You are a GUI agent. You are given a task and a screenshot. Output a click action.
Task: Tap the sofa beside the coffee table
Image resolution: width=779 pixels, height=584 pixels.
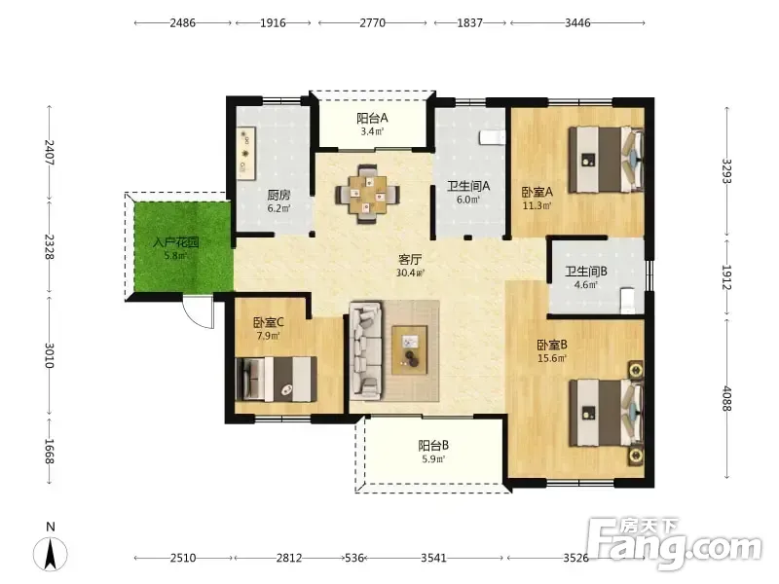pos(366,350)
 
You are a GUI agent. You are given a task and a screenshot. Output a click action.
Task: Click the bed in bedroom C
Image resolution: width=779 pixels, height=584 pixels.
pos(277,379)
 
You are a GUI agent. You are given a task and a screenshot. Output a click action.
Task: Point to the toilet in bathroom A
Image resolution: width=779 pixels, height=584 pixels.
pos(493,137)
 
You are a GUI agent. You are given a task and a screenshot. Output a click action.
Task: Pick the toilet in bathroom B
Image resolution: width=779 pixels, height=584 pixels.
pos(628,300)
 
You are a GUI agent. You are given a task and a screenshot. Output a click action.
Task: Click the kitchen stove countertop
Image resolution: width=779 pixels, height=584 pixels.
pos(246,153)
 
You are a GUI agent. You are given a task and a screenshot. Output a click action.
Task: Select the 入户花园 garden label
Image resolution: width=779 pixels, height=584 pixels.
pos(176,242)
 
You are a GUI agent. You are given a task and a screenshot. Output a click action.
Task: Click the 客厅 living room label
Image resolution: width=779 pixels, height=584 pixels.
pos(410,259)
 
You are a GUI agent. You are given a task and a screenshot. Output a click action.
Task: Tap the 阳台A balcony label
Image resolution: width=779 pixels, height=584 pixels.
pos(372,118)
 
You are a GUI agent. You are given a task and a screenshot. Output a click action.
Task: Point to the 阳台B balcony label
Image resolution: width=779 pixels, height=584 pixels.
pos(433,445)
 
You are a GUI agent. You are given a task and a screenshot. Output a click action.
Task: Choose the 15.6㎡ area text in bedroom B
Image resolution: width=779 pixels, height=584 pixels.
pos(552,358)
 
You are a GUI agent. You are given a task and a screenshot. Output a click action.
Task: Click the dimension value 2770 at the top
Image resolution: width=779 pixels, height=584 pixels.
pos(372,22)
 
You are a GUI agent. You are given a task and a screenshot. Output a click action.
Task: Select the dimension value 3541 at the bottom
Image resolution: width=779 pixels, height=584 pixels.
pos(433,558)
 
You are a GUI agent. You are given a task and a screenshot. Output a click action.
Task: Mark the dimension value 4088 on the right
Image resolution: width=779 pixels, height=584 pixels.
pos(726,399)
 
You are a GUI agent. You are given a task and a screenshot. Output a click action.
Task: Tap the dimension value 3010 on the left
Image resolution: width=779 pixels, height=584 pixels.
pos(50,355)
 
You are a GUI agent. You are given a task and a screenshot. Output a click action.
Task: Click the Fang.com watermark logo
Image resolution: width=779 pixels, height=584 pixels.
pos(674,544)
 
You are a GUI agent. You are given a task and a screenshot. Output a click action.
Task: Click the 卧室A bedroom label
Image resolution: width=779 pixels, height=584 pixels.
pos(538,192)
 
